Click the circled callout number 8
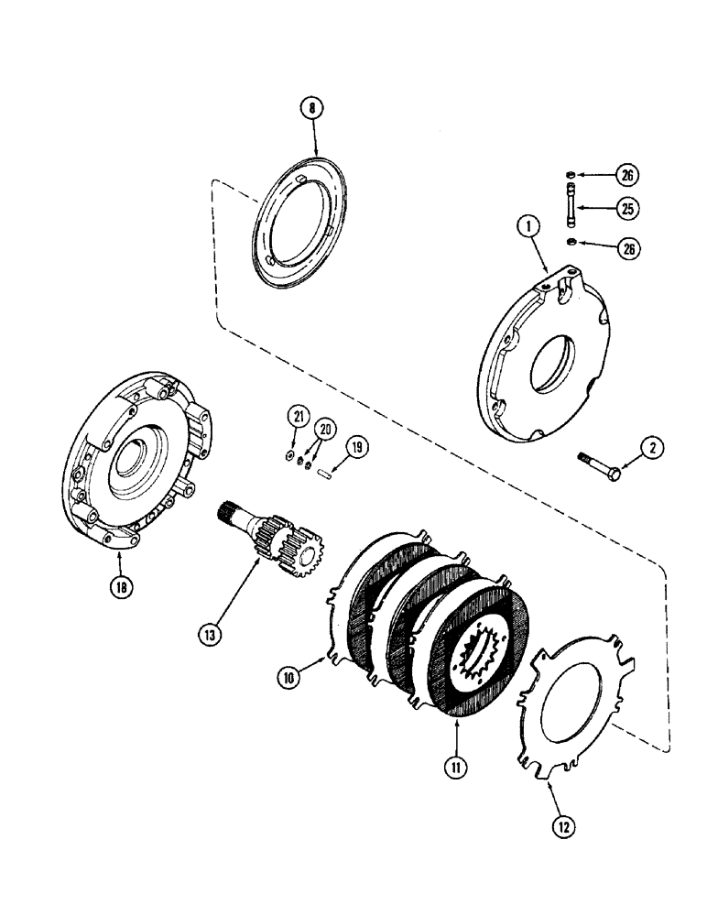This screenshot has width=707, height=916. pyautogui.click(x=311, y=109)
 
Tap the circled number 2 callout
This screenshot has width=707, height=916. pyautogui.click(x=650, y=449)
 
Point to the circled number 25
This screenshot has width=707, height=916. pyautogui.click(x=627, y=210)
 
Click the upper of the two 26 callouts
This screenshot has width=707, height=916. pyautogui.click(x=627, y=174)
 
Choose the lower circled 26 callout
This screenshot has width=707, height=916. pyautogui.click(x=627, y=248)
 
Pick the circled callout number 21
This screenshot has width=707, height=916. pyautogui.click(x=298, y=417)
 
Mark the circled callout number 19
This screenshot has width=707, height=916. pyautogui.click(x=356, y=448)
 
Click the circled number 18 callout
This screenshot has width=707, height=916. pyautogui.click(x=120, y=588)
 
